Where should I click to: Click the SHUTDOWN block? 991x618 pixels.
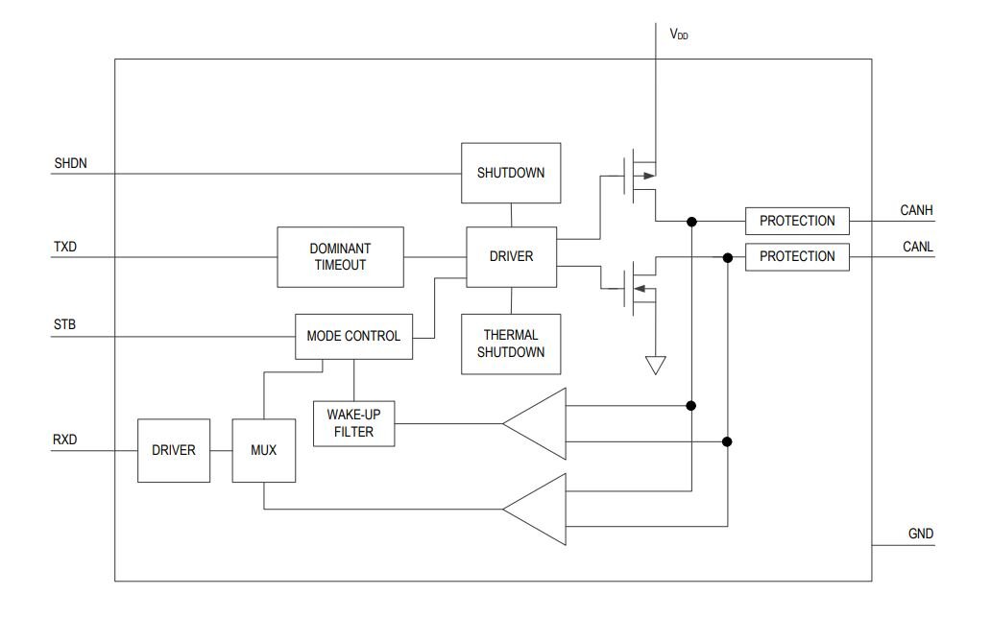click(511, 173)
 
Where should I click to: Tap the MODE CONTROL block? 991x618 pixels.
click(353, 336)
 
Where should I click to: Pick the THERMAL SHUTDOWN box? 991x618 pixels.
click(511, 344)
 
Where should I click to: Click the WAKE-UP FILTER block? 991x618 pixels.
click(354, 423)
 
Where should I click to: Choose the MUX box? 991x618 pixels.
click(264, 449)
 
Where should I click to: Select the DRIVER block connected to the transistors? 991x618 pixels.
click(511, 256)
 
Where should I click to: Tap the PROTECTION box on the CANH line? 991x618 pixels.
click(797, 221)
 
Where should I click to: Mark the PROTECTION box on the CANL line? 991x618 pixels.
click(797, 256)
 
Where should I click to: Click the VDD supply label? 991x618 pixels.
click(679, 34)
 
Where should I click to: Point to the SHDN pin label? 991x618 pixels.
click(71, 164)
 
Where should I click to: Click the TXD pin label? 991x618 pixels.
click(65, 247)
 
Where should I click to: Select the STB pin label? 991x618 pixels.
click(65, 325)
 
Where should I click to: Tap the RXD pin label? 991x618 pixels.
click(66, 440)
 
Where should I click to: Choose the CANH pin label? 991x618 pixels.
click(917, 211)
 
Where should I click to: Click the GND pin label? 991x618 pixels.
click(920, 534)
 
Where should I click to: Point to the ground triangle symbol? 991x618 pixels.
click(656, 366)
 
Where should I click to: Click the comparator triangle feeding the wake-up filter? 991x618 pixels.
click(538, 422)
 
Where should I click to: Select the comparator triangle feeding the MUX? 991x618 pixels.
click(538, 509)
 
